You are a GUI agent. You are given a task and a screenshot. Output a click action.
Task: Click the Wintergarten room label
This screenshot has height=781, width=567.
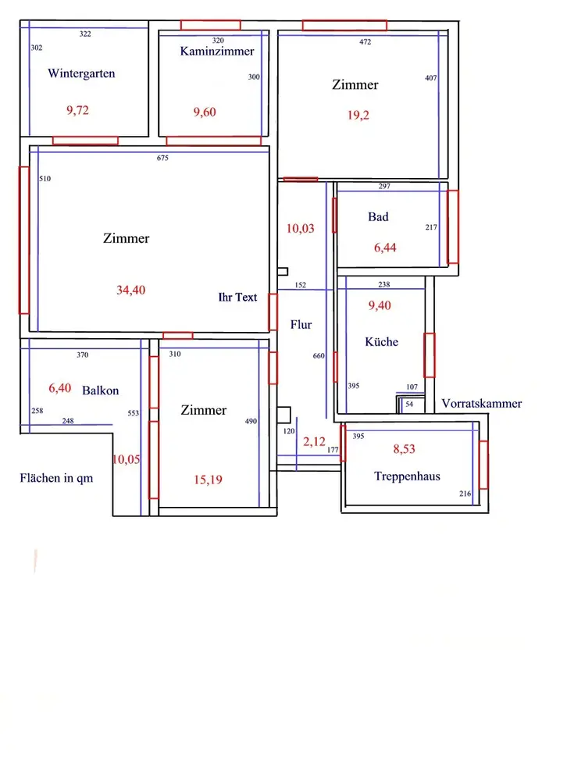click(81, 74)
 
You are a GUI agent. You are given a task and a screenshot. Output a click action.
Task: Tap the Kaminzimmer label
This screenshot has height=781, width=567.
click(217, 52)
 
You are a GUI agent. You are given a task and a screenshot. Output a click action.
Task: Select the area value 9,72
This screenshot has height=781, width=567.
click(78, 110)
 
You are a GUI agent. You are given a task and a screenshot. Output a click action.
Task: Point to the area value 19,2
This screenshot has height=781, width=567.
click(358, 115)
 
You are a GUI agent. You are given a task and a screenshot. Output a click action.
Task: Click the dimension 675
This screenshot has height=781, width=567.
click(162, 159)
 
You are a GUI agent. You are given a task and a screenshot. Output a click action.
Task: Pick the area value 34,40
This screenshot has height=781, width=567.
click(130, 290)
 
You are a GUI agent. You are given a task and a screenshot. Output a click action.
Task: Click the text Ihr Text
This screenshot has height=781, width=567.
click(237, 298)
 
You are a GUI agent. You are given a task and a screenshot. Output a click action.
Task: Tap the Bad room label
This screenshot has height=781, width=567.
click(378, 217)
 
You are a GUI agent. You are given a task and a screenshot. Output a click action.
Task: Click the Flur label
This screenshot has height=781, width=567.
click(301, 325)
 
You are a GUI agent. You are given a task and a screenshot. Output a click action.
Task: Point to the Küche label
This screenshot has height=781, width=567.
click(381, 342)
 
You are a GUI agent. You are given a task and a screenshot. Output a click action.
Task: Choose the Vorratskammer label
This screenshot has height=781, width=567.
click(481, 404)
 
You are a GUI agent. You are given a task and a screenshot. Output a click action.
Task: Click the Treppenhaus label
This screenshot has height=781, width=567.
click(407, 476)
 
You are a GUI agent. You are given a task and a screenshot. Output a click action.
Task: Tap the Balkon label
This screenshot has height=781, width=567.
click(100, 390)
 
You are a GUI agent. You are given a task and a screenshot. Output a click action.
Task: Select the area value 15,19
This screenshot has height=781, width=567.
click(208, 480)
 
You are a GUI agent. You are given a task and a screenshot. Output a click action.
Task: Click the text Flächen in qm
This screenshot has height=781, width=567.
click(56, 478)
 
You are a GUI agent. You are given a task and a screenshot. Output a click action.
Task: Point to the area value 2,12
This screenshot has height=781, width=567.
click(314, 442)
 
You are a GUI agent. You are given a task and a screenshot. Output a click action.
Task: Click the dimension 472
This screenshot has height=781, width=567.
click(365, 42)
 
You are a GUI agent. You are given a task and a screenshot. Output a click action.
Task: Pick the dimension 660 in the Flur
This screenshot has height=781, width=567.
click(319, 356)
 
